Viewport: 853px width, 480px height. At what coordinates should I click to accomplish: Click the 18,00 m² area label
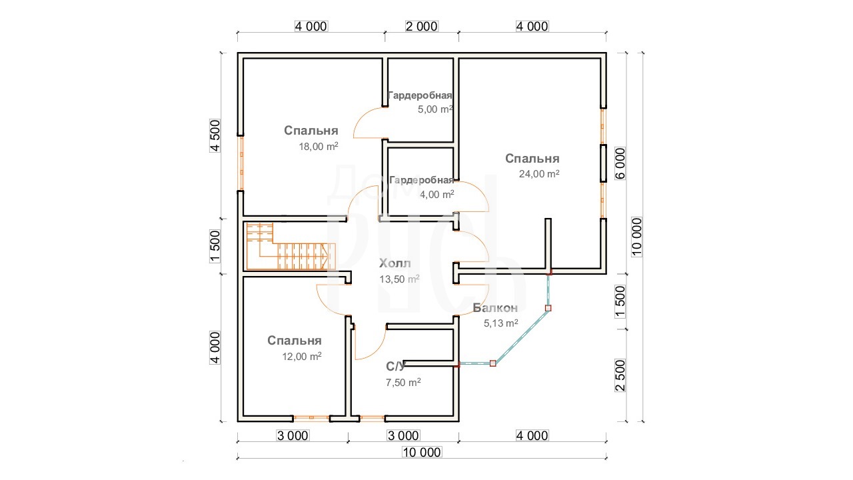pyautogui.click(x=319, y=146)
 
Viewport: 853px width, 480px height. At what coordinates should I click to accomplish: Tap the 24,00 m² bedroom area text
pyautogui.click(x=539, y=174)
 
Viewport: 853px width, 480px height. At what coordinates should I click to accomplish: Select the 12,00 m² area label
pyautogui.click(x=302, y=356)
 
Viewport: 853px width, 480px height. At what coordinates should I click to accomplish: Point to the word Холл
pyautogui.click(x=395, y=263)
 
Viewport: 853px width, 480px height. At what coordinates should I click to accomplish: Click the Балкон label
pyautogui.click(x=495, y=307)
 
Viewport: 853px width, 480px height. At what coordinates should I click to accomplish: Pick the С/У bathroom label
pyautogui.click(x=396, y=366)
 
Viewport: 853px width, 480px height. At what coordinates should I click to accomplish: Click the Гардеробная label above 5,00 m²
pyautogui.click(x=420, y=95)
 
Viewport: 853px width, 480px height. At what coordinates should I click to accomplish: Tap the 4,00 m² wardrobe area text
pyautogui.click(x=436, y=194)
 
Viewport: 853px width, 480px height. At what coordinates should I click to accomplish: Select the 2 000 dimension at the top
pyautogui.click(x=422, y=26)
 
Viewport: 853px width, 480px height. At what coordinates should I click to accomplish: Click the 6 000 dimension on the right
pyautogui.click(x=620, y=163)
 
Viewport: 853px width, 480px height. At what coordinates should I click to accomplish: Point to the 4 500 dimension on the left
pyautogui.click(x=215, y=135)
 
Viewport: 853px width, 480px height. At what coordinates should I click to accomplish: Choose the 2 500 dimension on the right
pyautogui.click(x=620, y=375)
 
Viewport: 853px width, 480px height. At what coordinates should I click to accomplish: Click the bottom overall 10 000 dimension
pyautogui.click(x=422, y=452)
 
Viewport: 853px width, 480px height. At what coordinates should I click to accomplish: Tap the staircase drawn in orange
pyautogui.click(x=291, y=247)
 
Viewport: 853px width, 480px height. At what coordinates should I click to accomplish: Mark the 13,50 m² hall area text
pyautogui.click(x=399, y=279)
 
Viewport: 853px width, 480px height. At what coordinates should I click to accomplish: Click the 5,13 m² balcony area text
pyautogui.click(x=500, y=323)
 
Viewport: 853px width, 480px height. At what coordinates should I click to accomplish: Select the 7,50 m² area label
pyautogui.click(x=403, y=382)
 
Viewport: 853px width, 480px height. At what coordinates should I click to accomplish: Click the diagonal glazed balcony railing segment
pyautogui.click(x=520, y=335)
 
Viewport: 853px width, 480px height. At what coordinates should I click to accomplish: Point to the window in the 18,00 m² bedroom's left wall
pyautogui.click(x=241, y=163)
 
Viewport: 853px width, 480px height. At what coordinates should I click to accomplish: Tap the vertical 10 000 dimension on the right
pyautogui.click(x=636, y=237)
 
